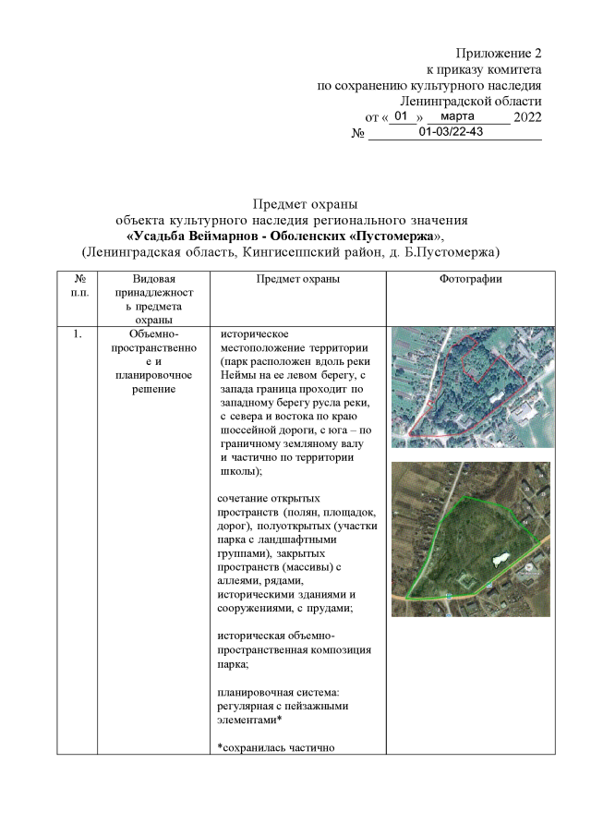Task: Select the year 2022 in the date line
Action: click(x=527, y=117)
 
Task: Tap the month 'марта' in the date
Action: click(x=458, y=116)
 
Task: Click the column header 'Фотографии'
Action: click(x=471, y=279)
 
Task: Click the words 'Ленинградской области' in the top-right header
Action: click(x=471, y=101)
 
